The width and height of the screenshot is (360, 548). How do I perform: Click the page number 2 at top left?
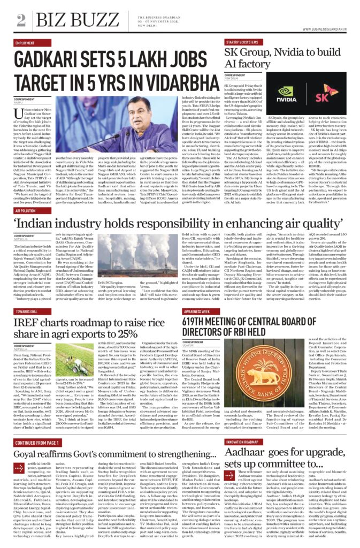coord(21,20)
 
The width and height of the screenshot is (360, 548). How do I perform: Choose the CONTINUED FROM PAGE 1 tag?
coord(40,444)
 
